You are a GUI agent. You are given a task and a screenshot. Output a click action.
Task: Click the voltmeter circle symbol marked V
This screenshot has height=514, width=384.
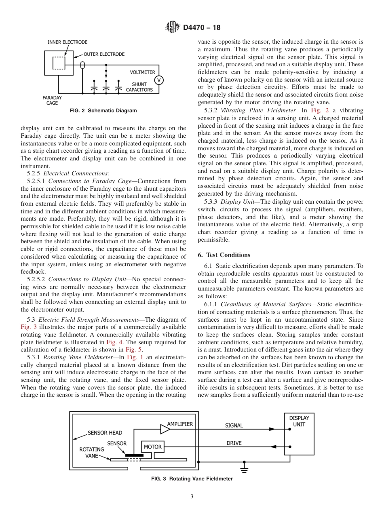pos(159,80)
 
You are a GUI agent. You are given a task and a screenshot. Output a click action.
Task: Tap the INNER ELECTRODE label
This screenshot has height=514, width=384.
pos(67,42)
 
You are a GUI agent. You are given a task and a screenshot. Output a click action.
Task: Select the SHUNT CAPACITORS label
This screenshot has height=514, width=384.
pos(139,87)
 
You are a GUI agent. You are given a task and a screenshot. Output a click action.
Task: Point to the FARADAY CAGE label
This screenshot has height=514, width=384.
pos(52,100)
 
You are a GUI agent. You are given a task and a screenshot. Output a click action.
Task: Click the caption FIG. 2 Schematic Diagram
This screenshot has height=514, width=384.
pos(103,111)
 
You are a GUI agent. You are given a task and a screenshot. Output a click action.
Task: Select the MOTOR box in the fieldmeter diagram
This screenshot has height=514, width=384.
pos(152,447)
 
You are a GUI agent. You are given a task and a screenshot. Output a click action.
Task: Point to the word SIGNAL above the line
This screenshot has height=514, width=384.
pos(234,426)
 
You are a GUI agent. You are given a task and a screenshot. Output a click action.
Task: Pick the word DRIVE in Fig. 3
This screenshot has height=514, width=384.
pos(234,443)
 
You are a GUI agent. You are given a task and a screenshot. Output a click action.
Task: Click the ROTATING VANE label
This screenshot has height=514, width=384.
pos(91,452)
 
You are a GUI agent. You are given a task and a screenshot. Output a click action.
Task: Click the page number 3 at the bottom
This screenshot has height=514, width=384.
pos(192,497)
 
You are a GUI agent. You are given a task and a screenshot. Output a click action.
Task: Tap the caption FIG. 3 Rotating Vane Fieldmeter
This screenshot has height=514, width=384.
pos(192,479)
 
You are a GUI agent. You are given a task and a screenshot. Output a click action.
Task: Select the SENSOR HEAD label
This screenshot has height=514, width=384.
pos(105,433)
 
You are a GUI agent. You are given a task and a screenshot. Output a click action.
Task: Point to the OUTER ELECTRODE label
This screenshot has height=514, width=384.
pos(104,54)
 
